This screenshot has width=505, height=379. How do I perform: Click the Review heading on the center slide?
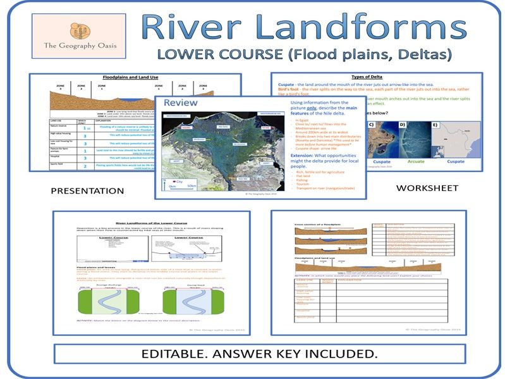point(180,103)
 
